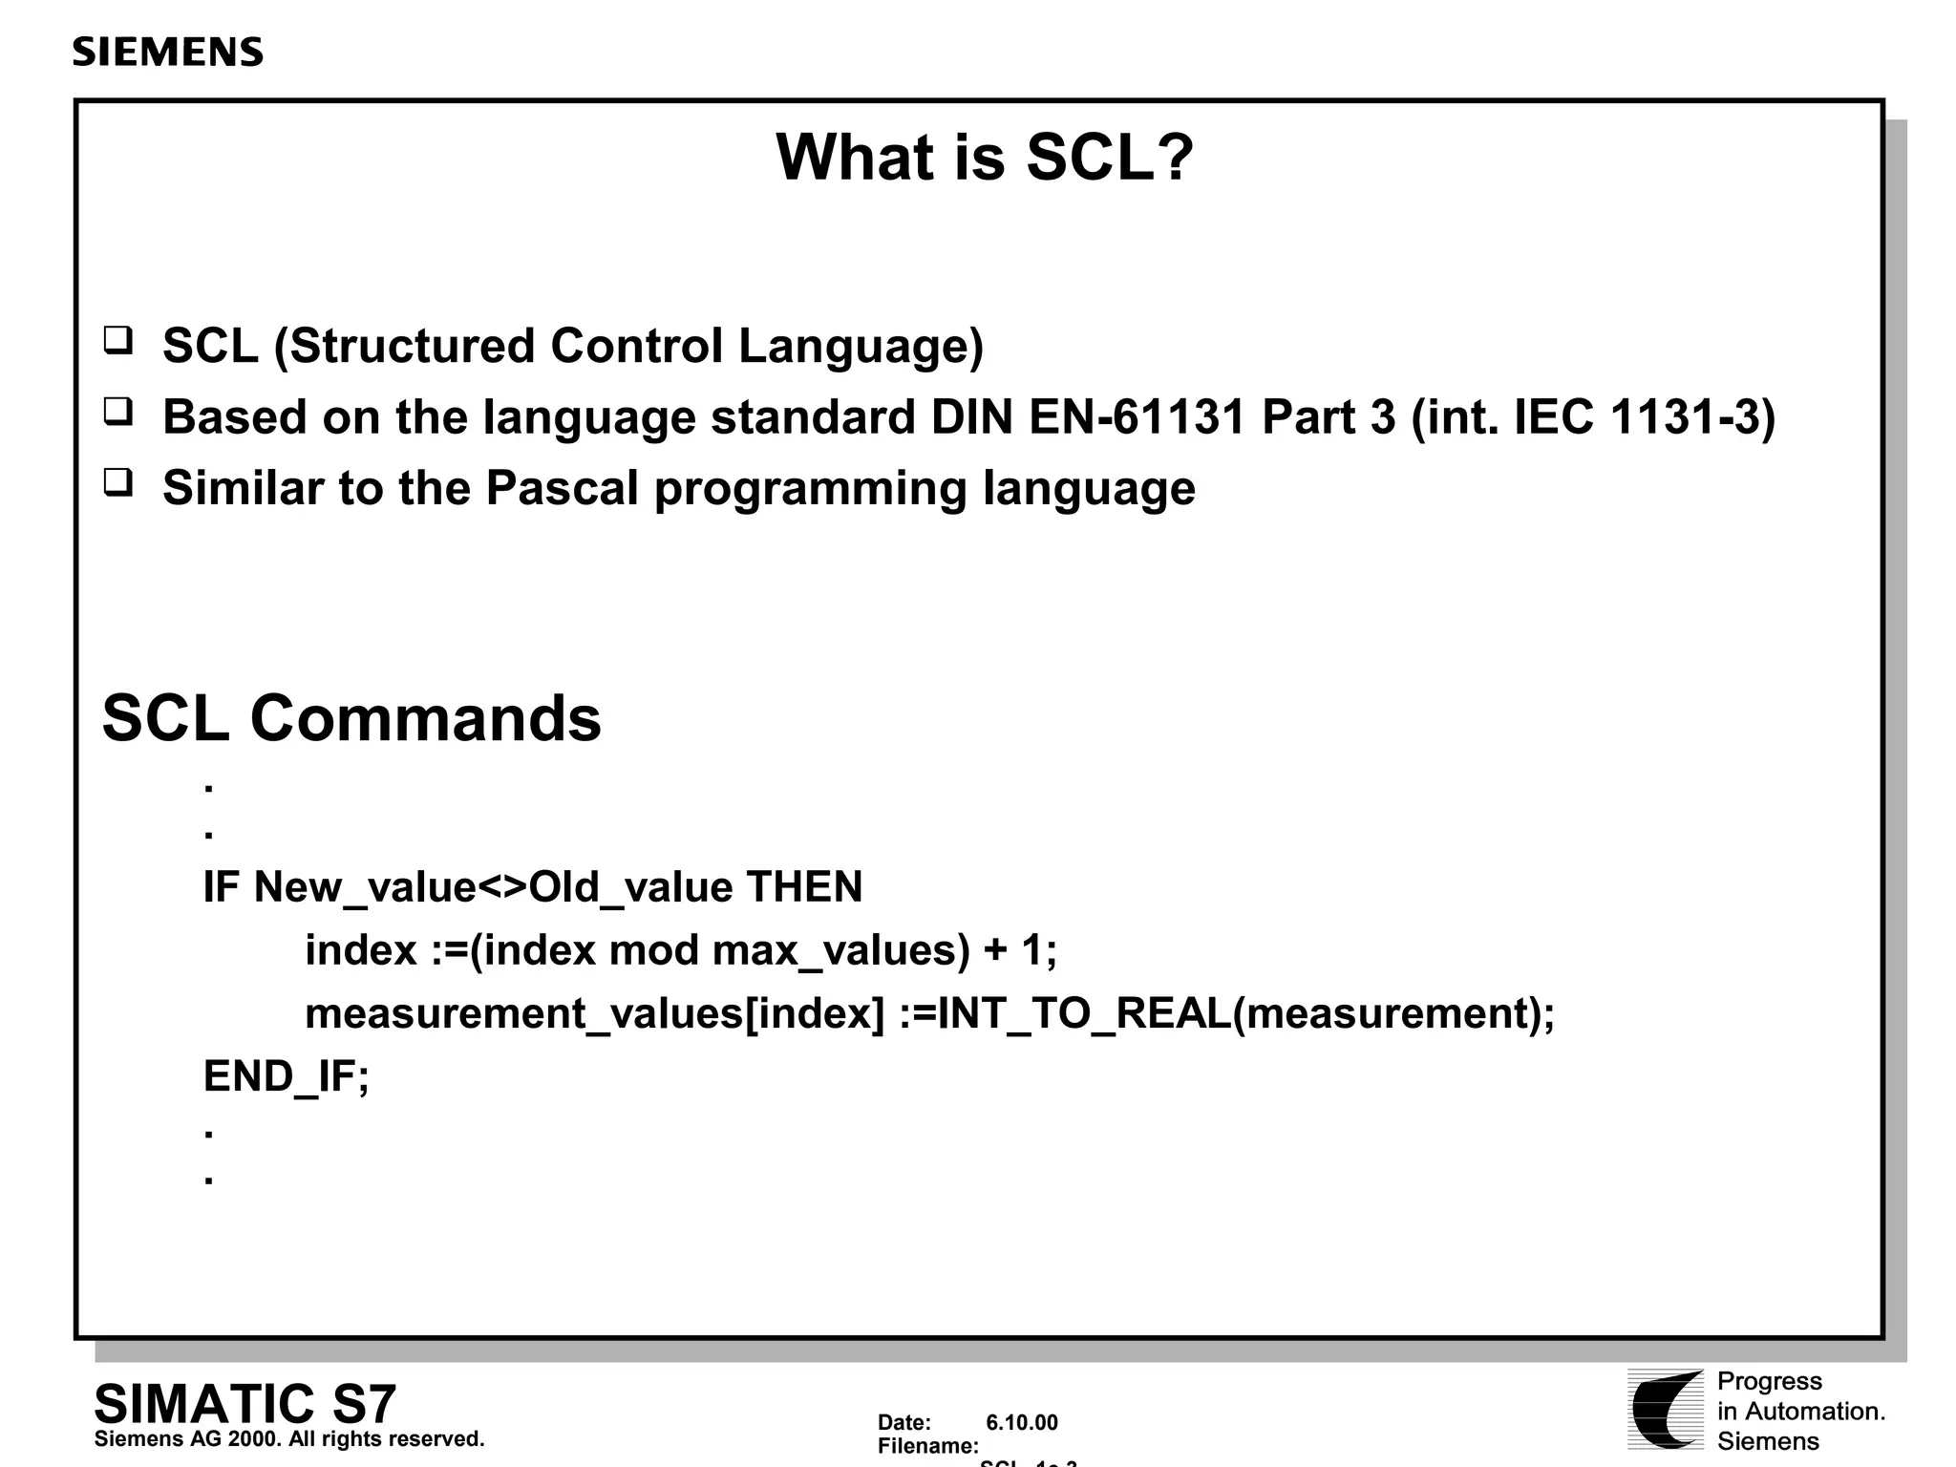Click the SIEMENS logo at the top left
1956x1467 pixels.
pos(167,53)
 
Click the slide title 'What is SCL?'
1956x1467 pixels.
pos(984,157)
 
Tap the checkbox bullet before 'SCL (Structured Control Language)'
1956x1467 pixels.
pos(118,341)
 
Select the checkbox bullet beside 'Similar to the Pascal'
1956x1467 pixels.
pos(118,483)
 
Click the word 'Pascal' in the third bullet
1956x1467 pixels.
pos(562,488)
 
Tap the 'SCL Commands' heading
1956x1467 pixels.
pos(351,718)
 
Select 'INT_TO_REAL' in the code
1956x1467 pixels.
pos(1084,1013)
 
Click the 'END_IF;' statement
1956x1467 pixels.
pos(286,1076)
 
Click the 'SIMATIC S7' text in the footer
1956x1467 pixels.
pos(244,1404)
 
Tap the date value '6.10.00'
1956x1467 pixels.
pos(1021,1423)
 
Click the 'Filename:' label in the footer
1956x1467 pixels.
pos(927,1446)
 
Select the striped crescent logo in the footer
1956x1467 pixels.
pos(1666,1409)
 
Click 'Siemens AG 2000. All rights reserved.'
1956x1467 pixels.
pos(289,1439)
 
